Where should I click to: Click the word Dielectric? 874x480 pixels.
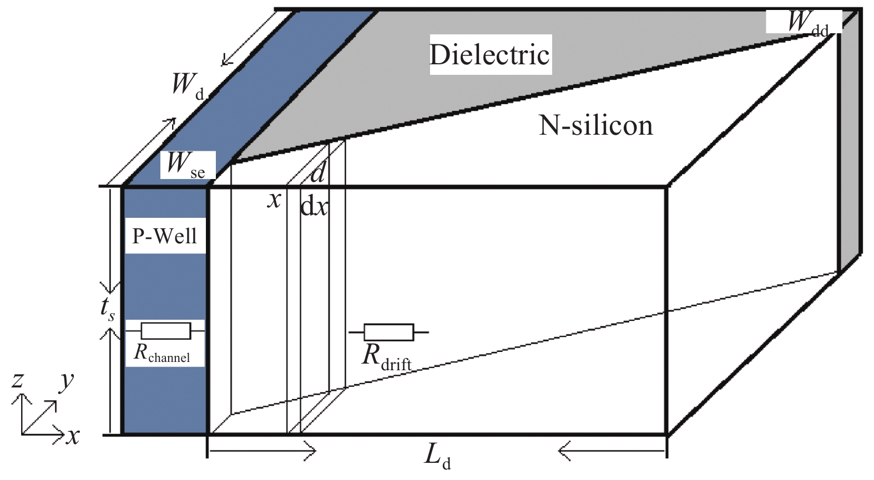pos(489,54)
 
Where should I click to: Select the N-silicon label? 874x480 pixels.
pos(595,125)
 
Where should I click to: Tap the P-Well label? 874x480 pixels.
pos(165,237)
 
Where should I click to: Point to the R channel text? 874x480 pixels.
pos(162,353)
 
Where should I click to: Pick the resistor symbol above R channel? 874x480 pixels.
pos(165,331)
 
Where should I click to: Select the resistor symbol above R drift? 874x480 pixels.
pos(388,333)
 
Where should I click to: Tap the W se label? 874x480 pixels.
pos(185,165)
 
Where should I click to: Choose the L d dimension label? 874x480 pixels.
pos(437,456)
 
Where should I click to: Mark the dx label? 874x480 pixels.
pos(314,207)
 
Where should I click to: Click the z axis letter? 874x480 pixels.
pos(18,380)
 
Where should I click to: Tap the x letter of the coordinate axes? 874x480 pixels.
pos(73,436)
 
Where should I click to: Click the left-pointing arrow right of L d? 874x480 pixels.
pos(610,451)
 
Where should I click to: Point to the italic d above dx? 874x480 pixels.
pos(318,173)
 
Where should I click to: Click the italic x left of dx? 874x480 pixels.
pos(274,199)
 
